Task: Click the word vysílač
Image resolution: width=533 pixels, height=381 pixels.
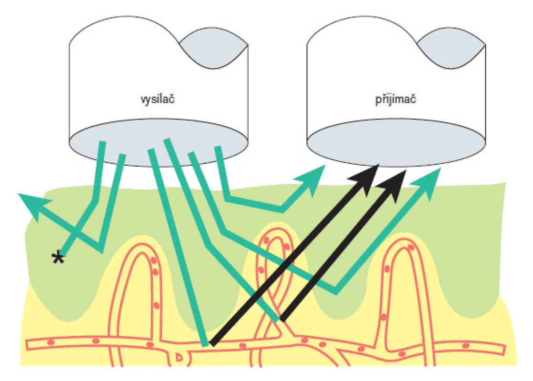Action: [158, 99]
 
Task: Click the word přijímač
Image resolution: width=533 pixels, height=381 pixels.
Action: [395, 99]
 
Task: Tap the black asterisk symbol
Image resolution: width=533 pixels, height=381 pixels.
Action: [58, 258]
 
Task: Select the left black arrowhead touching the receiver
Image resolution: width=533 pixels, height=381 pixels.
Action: [365, 179]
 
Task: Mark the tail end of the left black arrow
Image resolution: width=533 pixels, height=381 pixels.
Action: [212, 343]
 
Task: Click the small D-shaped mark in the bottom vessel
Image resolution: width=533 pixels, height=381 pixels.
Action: [179, 357]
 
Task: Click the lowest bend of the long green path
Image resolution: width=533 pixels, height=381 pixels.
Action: [336, 291]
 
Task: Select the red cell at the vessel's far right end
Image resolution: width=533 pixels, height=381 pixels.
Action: [466, 346]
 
